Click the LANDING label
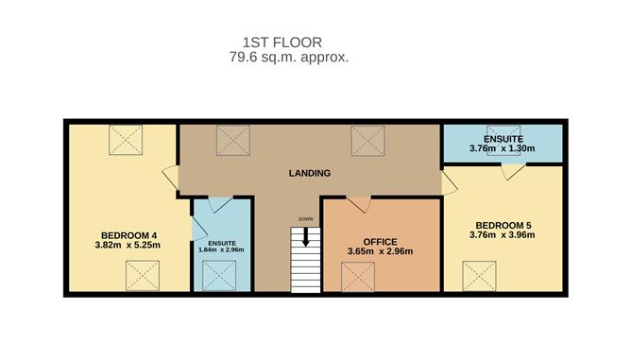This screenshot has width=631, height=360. pos(309,173)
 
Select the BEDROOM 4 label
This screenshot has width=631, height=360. pos(128,234)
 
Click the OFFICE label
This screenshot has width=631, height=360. pos(381,240)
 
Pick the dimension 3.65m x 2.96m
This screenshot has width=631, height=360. pos(381,251)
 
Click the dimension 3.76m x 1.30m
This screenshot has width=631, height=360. pos(503,148)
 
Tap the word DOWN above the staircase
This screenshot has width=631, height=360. pos(305,219)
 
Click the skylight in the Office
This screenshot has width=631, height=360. pos(359,276)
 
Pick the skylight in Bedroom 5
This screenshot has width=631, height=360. pos(479,276)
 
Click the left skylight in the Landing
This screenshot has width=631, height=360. pos(231,141)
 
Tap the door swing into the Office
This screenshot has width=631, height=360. pos(358,204)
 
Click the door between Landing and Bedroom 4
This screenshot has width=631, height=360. pos(170,178)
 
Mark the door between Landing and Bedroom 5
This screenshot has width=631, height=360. pos(449,181)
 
